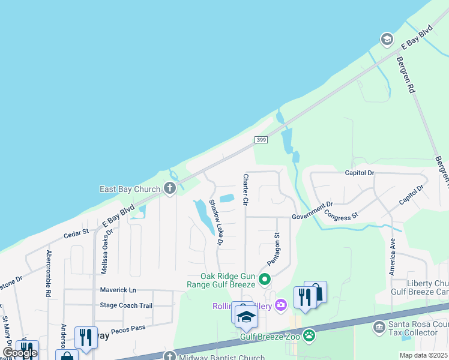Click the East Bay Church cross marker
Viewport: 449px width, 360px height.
tap(169, 189)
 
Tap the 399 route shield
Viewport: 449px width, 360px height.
tap(260, 140)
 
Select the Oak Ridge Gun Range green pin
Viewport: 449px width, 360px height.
tap(265, 280)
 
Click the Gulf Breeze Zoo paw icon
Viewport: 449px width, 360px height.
tap(309, 335)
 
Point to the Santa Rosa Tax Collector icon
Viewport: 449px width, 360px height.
tap(379, 327)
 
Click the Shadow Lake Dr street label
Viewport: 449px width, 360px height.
tap(215, 223)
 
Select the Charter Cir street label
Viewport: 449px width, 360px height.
tap(245, 190)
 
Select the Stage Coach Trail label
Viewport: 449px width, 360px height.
tap(127, 305)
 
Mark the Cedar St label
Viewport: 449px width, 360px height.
tap(76, 230)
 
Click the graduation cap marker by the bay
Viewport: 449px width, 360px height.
tap(387, 40)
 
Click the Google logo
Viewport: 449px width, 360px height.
tap(20, 353)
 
